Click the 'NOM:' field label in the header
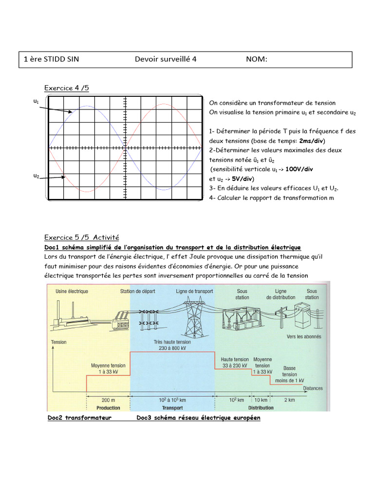click(x=257, y=59)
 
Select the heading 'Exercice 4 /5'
click(x=67, y=88)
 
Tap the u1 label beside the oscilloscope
click(x=36, y=101)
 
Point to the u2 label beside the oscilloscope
click(x=36, y=176)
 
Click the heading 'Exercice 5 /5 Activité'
click(x=81, y=237)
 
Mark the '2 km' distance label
click(x=289, y=400)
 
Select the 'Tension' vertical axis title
click(x=58, y=342)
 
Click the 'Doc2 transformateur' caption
click(x=79, y=418)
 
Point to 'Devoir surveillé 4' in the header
click(x=166, y=59)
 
